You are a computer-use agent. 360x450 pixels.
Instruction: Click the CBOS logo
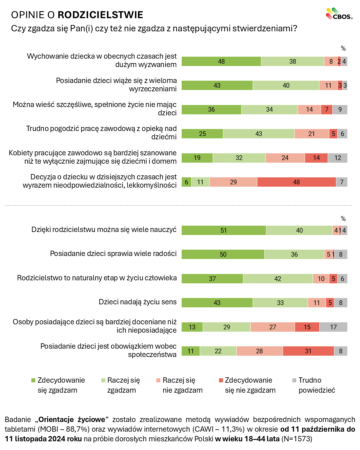coord(339,14)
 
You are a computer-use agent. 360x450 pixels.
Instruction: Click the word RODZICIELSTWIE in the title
coord(100,15)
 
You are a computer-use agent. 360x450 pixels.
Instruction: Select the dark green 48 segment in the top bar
coord(221,61)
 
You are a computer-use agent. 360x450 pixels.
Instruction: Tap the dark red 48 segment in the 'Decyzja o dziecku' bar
coord(296,182)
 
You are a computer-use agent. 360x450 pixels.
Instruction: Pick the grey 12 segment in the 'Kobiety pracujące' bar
coord(338,158)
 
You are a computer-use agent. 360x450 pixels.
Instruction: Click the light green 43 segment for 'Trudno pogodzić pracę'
coord(259,134)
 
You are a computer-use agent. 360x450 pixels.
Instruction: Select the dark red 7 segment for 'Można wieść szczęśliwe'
coord(327,109)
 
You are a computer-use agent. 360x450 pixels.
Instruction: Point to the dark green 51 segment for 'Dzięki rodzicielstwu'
coord(224,230)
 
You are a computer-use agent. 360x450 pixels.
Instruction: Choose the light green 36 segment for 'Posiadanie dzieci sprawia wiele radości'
coord(294,254)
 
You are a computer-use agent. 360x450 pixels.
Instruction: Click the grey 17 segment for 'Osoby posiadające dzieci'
coord(333,327)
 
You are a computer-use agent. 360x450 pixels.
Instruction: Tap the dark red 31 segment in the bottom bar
coord(308,351)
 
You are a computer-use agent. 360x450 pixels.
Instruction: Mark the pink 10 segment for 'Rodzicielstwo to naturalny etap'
coord(321,279)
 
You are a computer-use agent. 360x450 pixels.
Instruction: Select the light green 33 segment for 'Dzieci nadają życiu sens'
coord(280,303)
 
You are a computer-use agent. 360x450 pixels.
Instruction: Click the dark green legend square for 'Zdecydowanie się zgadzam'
coord(33,380)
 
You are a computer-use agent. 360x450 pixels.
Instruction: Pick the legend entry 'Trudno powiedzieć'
coord(313,385)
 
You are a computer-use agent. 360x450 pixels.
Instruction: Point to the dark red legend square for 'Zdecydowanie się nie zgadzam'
coord(221,380)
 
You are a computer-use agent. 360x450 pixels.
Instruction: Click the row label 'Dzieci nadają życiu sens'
coord(138,302)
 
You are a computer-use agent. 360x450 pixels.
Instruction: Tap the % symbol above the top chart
coord(343,49)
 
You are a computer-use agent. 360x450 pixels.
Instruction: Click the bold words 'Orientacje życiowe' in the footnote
coord(72,419)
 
